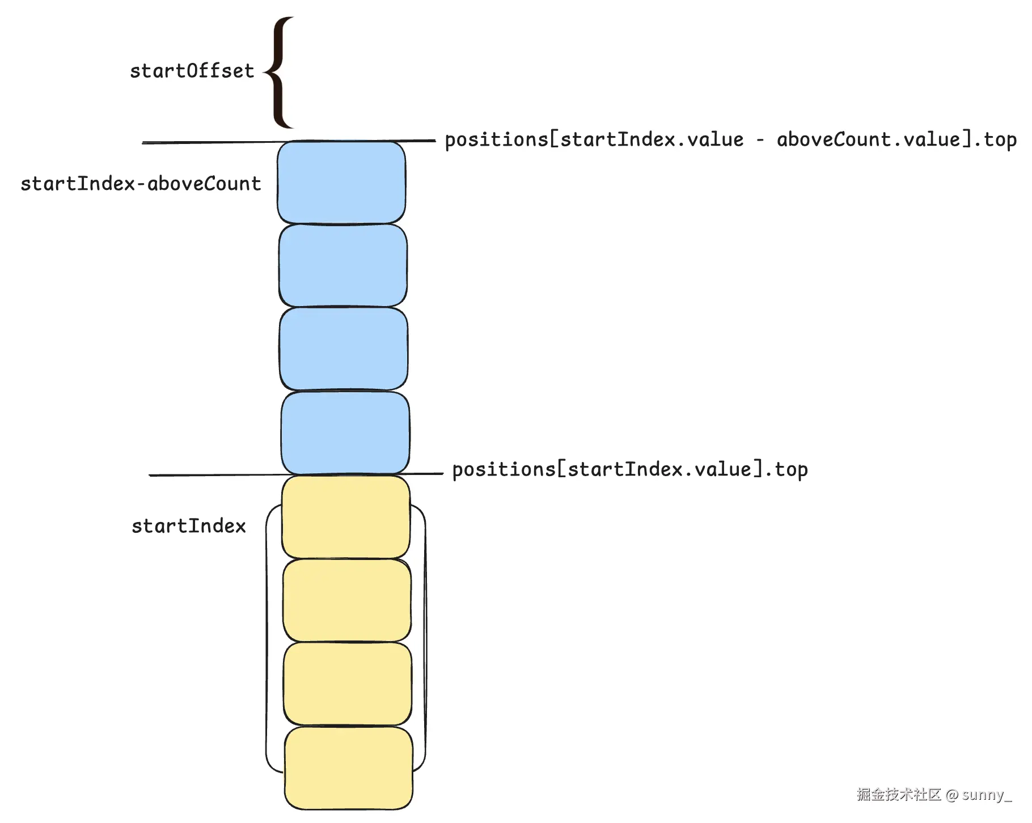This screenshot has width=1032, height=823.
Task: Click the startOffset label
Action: pos(192,71)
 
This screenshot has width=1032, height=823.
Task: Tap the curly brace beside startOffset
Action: pos(279,73)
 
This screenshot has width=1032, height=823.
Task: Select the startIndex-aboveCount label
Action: pos(141,184)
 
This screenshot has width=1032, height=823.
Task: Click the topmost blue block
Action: pos(341,183)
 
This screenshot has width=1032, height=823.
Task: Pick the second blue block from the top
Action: pos(343,265)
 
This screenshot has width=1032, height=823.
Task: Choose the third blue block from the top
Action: pos(344,349)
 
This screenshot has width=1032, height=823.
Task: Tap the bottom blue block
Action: pos(345,432)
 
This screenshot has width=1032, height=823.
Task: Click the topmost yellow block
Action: pos(346,516)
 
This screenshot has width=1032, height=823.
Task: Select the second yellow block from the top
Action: pos(347,600)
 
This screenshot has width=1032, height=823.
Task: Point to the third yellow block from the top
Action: pos(348,684)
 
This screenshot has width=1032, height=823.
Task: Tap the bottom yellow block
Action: pos(348,768)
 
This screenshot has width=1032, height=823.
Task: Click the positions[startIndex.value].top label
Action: pos(629,470)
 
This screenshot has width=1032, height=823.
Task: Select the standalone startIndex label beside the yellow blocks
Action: pos(189,527)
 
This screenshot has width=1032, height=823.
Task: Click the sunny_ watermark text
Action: pos(987,795)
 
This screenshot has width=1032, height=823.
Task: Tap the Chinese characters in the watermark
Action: pos(899,795)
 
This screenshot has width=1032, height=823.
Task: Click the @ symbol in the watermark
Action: pos(952,795)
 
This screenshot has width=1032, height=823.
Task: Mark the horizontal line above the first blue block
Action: pos(210,142)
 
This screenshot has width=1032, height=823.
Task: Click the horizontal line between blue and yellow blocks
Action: pos(215,475)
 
